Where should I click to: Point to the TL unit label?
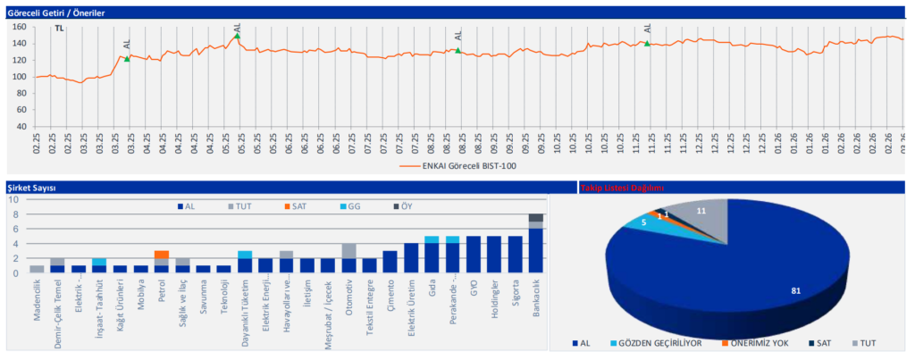coord(59,29)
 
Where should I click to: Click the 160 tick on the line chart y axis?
coord(18,27)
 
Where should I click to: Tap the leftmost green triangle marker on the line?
coord(127,59)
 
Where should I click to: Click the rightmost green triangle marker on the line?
coord(647,44)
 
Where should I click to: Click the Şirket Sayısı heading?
coord(31,188)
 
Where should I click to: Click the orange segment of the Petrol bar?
coord(161,255)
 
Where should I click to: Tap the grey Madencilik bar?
coord(37,269)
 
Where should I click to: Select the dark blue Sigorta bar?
coord(515,255)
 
